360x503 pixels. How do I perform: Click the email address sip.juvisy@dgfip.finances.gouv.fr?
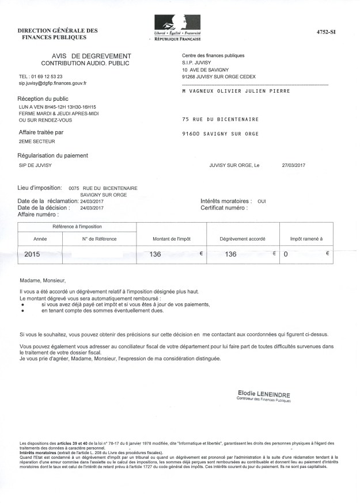52,83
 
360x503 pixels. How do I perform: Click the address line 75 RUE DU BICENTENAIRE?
220,119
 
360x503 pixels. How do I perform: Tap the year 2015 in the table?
33,254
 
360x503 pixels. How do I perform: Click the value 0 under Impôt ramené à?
285,254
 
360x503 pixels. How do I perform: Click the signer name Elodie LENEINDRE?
264,394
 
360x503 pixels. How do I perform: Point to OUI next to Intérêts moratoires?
262,201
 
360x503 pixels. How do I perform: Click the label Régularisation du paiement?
54,155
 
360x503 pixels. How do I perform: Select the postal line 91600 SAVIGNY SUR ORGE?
220,134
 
